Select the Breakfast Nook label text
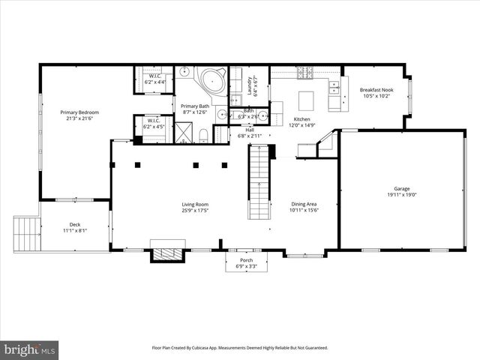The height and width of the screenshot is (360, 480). coord(376,89)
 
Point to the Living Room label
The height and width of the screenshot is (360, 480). coord(194,204)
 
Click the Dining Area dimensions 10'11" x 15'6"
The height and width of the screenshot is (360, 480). coord(304,209)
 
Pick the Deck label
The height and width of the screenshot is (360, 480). coord(75,224)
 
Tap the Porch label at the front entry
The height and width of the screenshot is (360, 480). coord(246,260)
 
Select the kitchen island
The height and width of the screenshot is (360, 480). coord(305,100)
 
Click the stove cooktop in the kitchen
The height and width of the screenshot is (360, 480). coord(305,72)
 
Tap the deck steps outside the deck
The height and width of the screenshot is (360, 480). coord(26,234)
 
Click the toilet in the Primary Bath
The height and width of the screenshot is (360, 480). coord(204,135)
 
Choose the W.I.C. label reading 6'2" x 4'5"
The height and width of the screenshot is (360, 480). coord(154,124)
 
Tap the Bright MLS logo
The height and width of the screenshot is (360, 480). coord(30,349)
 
